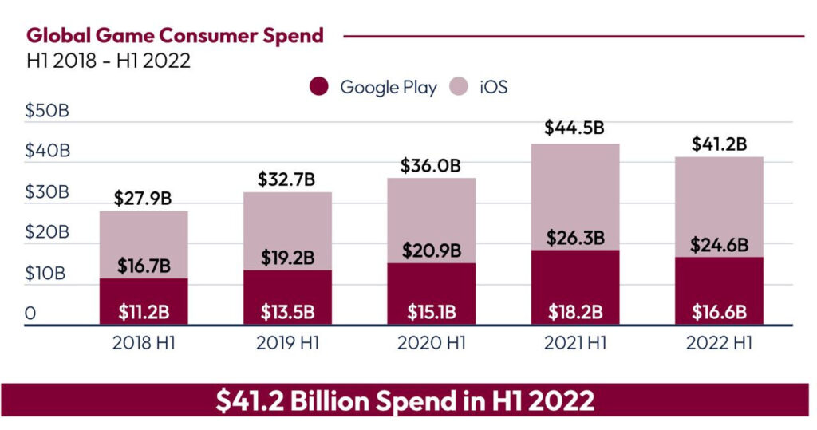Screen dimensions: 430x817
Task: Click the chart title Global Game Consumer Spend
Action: tap(175, 36)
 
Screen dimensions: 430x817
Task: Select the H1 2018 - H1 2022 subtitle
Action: tap(109, 61)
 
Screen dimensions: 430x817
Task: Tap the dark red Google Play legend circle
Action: tap(321, 87)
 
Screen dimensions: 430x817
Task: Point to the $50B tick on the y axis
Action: tap(47, 110)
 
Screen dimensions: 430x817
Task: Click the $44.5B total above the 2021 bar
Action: tap(574, 128)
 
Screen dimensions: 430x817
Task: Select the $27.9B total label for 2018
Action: tap(144, 198)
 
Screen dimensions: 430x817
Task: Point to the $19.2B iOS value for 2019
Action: tap(287, 258)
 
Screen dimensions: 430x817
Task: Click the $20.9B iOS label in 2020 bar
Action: tap(431, 251)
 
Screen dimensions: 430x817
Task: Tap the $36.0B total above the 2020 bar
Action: tap(431, 166)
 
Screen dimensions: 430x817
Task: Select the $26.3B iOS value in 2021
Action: tap(574, 238)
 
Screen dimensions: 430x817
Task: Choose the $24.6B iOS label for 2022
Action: tap(719, 244)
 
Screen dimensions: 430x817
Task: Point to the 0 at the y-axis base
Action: tap(30, 314)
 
